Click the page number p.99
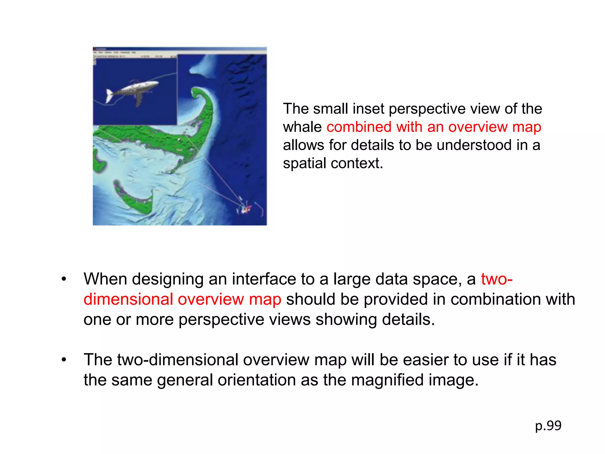point(548,426)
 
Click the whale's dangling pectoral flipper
point(139,100)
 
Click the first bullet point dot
point(64,279)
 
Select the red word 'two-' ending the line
point(497,279)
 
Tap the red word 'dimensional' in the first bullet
point(128,299)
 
